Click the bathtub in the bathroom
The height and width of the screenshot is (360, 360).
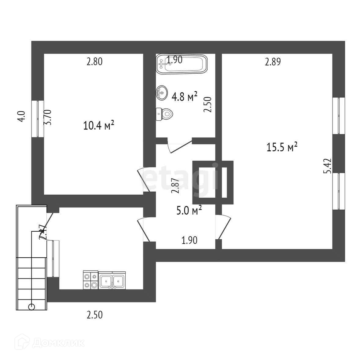182,64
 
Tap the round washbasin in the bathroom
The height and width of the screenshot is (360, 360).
162,93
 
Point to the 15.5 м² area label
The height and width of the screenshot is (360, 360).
282,148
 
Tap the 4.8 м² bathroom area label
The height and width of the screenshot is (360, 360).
185,97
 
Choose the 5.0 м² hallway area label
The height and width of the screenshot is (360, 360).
189,211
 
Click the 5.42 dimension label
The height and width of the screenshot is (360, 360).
328,166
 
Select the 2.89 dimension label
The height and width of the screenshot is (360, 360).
273,62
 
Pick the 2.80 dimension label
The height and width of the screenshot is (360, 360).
94,62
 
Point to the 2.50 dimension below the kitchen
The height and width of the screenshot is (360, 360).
94,314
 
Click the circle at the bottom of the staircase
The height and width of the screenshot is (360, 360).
31,307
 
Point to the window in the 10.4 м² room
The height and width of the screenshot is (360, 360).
38,119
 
